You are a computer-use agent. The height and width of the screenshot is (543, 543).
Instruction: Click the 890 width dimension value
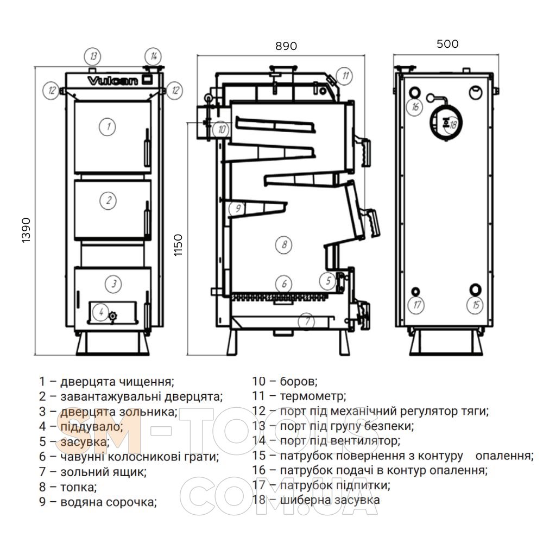click(x=286, y=46)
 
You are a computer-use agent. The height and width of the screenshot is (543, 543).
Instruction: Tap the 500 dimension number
click(x=447, y=43)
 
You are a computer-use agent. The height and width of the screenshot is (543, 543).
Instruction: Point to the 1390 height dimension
click(x=26, y=230)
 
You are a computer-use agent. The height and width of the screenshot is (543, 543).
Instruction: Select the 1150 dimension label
click(x=178, y=245)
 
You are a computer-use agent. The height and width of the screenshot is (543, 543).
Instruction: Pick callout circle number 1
click(x=108, y=127)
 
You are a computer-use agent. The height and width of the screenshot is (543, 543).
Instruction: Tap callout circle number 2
click(x=108, y=200)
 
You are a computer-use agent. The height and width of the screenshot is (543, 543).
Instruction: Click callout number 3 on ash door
click(x=113, y=283)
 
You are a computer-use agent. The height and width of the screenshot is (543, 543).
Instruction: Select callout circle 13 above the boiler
click(x=93, y=56)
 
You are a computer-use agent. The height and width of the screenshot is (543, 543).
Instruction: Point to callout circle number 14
click(x=153, y=56)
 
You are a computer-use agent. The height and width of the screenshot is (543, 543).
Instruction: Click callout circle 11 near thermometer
click(x=344, y=75)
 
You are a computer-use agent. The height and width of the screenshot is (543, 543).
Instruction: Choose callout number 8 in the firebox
click(x=283, y=244)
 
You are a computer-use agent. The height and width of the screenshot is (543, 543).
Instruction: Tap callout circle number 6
click(x=283, y=283)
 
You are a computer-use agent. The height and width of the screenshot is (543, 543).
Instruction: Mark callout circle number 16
click(x=415, y=107)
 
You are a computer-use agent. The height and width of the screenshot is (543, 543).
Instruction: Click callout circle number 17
click(x=416, y=305)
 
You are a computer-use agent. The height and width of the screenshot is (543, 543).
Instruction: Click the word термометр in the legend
click(x=313, y=396)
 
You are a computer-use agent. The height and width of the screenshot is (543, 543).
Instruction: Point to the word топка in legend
click(x=78, y=487)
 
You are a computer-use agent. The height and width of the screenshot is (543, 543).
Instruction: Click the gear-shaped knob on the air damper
click(x=113, y=316)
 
